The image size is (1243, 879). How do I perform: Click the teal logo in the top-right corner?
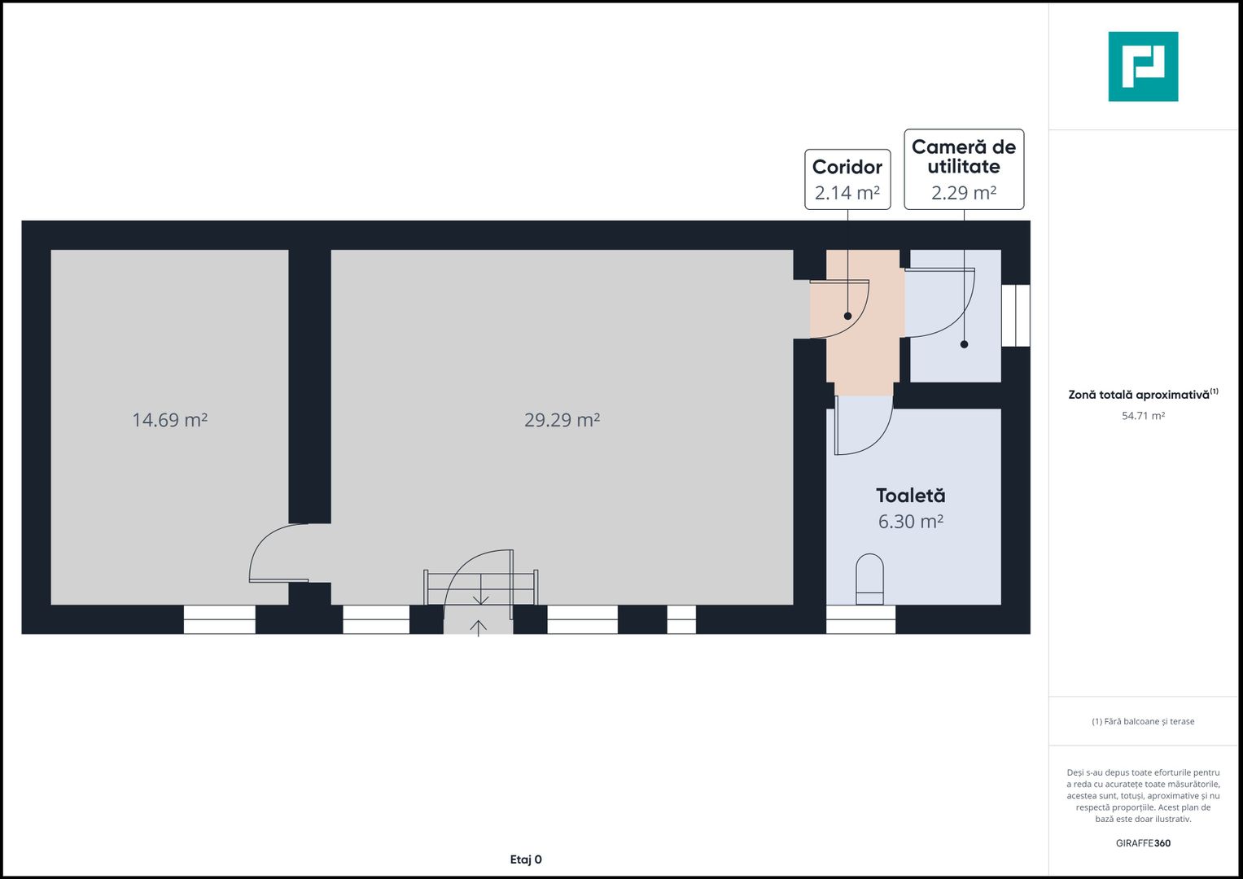(1143, 67)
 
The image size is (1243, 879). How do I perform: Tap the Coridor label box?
(847, 179)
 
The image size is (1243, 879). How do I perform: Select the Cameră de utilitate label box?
(964, 169)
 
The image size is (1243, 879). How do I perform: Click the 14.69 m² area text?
(169, 420)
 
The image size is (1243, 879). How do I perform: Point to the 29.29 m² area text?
(562, 420)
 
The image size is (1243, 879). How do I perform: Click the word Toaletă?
(910, 496)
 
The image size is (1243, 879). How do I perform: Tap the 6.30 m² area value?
(910, 522)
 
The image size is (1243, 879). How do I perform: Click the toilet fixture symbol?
(869, 579)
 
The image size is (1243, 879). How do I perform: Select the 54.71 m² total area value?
(1143, 416)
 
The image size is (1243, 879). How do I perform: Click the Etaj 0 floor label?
(526, 859)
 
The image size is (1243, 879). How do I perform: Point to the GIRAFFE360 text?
(1143, 843)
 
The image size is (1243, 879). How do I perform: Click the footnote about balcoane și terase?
(1143, 721)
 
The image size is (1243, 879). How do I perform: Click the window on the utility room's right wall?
(1015, 315)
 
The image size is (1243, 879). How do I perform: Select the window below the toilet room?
(860, 619)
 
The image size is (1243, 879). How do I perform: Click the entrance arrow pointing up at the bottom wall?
(479, 627)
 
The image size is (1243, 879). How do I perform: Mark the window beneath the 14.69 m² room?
(219, 619)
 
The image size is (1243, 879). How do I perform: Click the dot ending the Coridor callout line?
(847, 316)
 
